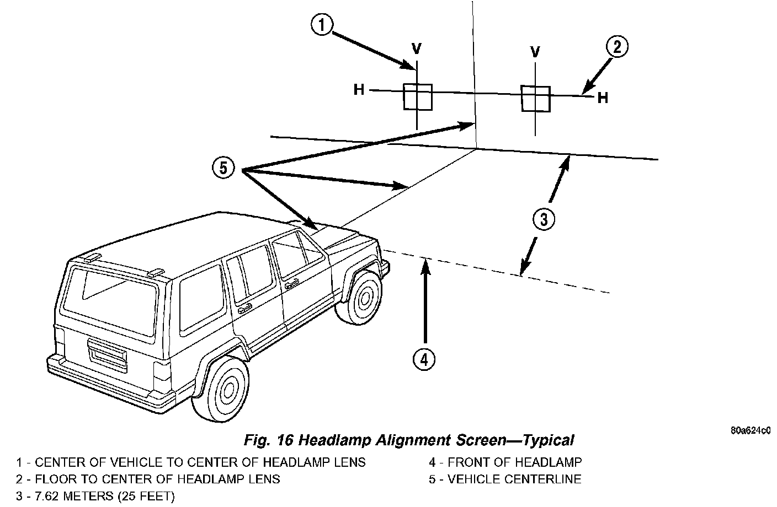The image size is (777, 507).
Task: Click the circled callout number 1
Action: click(x=322, y=25)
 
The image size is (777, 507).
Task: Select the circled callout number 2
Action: click(x=617, y=47)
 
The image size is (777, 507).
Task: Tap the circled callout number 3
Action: click(x=544, y=219)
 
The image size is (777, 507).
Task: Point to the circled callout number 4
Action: click(x=424, y=360)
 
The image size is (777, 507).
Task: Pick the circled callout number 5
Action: click(x=223, y=168)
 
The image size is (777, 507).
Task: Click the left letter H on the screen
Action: click(x=359, y=90)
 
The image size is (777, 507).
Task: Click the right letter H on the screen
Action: click(x=603, y=98)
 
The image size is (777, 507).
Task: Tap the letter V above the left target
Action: click(x=416, y=49)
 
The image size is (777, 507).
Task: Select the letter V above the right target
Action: click(x=535, y=52)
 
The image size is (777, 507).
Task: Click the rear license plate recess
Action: click(x=107, y=355)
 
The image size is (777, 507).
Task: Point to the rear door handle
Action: click(x=245, y=308)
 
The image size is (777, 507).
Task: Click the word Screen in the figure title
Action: click(x=481, y=440)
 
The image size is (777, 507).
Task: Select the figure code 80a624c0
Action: click(x=751, y=430)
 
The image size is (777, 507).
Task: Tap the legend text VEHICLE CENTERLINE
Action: click(x=514, y=479)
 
